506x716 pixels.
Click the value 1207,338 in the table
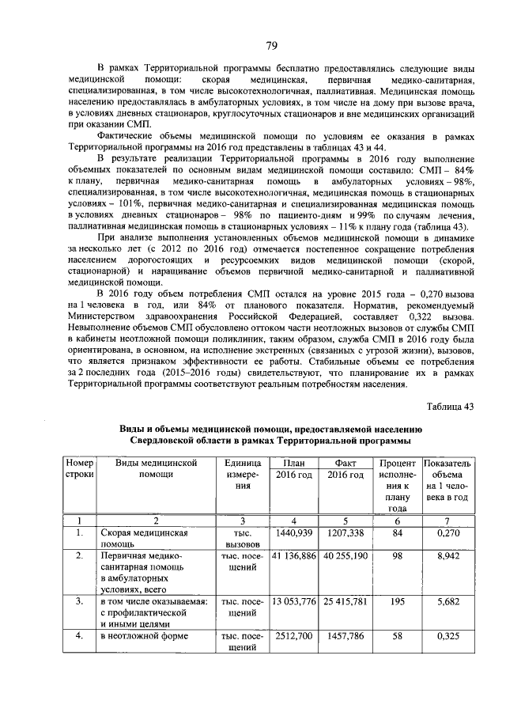345,533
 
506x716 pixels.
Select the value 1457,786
345,636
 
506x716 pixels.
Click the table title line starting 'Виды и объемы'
271,428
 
